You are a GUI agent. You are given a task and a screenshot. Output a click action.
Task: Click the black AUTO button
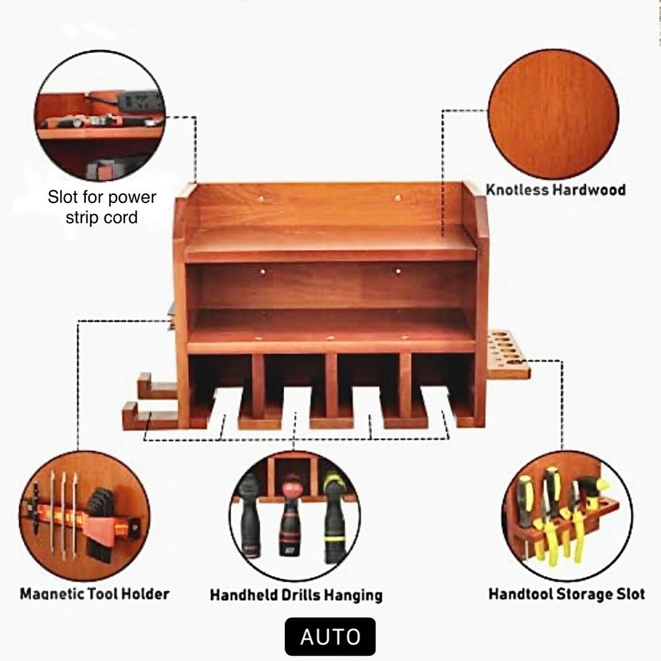point(330,637)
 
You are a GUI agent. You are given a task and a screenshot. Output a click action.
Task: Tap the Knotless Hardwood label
point(555,190)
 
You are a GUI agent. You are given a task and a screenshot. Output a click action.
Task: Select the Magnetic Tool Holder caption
point(95,594)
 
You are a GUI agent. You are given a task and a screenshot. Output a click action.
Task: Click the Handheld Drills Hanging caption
point(295,595)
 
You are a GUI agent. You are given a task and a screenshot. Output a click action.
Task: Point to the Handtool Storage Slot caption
point(566,594)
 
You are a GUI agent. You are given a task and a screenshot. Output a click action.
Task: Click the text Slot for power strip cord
point(102,207)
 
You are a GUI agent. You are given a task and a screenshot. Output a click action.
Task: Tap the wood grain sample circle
point(553,114)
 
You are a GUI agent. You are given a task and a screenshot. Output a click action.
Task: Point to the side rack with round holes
point(508,356)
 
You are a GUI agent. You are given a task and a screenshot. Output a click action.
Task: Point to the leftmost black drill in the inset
point(251,516)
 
